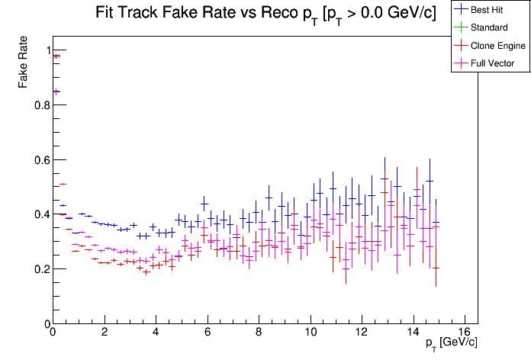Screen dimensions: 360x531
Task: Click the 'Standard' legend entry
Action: (x=489, y=27)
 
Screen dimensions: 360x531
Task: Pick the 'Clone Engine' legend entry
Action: (x=497, y=45)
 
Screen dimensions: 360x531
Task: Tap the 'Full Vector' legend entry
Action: (x=493, y=63)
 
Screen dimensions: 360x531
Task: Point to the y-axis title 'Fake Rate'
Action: (x=24, y=63)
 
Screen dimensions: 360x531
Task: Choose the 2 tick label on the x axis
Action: (x=104, y=333)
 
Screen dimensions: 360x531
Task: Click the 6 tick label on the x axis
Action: (x=208, y=333)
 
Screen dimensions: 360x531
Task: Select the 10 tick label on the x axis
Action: (x=311, y=333)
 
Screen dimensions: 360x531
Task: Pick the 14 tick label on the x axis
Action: (x=414, y=333)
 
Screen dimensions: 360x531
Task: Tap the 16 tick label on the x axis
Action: (x=465, y=333)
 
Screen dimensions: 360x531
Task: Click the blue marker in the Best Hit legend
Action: (x=461, y=10)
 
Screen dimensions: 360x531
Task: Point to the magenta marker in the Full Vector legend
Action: (x=461, y=63)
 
